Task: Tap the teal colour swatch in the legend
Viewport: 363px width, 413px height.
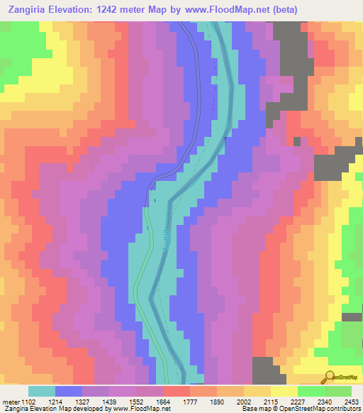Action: [x=41, y=391]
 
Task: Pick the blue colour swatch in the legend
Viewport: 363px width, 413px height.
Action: [x=68, y=391]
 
